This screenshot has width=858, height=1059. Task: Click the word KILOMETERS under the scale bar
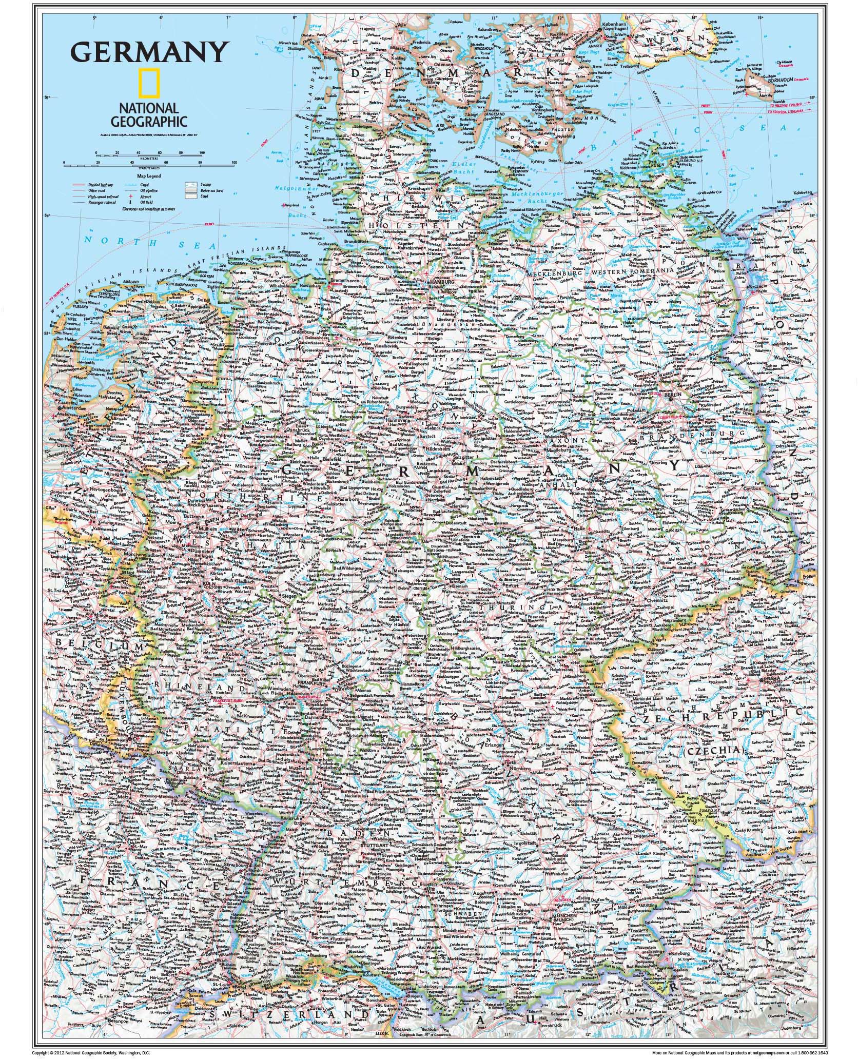(149, 159)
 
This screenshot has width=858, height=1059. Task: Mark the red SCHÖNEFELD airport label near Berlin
(668, 417)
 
